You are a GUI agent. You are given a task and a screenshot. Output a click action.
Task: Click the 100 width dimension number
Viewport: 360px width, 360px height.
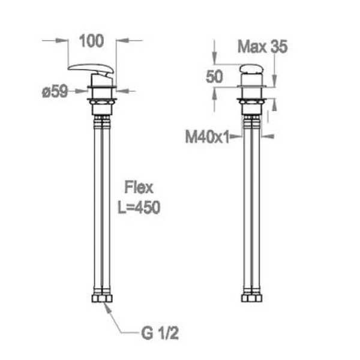coord(91,41)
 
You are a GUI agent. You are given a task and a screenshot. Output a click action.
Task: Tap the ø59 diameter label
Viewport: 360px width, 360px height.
coord(55,92)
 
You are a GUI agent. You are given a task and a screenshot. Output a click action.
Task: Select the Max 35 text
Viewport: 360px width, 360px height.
coord(262,47)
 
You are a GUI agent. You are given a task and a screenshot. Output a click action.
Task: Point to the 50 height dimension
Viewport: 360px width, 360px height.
coord(214,76)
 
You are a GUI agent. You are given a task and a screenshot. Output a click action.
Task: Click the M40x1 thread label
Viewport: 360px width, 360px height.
coord(208,137)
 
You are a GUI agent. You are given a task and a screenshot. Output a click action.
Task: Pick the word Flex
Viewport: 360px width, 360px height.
coord(139,188)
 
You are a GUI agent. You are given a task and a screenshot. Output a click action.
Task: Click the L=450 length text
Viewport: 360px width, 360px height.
coord(139,208)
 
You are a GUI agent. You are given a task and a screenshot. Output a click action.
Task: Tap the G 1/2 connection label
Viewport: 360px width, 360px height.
coord(160,333)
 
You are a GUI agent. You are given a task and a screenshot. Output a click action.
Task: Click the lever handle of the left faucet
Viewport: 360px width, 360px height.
coord(91,68)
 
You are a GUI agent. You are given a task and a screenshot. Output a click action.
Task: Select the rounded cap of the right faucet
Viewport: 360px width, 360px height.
coord(252,69)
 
